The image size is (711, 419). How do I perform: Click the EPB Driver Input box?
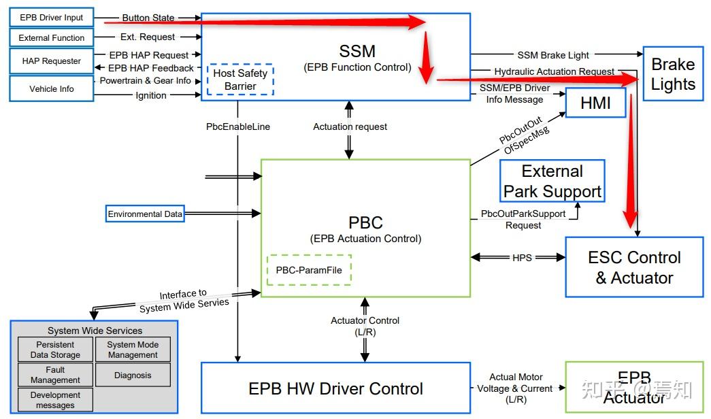[x=52, y=17]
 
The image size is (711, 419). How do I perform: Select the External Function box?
[x=52, y=38]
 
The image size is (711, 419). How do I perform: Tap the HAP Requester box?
[x=52, y=61]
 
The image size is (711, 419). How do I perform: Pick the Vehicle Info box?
[x=52, y=89]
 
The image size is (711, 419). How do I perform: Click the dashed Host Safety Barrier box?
[x=240, y=80]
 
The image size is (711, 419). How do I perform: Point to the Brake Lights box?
[x=672, y=75]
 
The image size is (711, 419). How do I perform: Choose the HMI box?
[x=595, y=103]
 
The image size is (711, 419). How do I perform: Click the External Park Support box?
[x=552, y=182]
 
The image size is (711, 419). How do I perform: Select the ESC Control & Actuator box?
[x=634, y=267]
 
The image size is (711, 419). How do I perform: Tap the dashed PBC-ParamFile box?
[x=309, y=269]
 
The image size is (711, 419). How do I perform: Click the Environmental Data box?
[x=145, y=214]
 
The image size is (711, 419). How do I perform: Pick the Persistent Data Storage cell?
[x=55, y=350]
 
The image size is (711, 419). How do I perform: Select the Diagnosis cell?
[x=133, y=375]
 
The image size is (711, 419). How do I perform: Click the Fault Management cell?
[x=55, y=375]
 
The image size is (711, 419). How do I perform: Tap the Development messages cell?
[x=55, y=400]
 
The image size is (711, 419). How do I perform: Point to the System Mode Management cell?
[x=133, y=350]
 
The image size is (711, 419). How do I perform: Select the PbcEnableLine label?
[x=238, y=127]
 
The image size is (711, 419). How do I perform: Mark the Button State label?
[x=148, y=18]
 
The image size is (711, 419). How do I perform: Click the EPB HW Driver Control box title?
[x=335, y=388]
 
